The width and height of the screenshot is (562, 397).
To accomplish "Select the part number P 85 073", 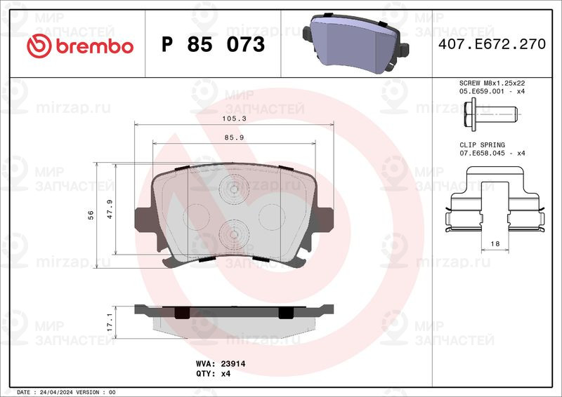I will [x=213, y=45].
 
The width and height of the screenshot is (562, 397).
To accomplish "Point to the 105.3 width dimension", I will [x=235, y=119].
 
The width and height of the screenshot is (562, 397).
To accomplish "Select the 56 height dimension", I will [x=91, y=215].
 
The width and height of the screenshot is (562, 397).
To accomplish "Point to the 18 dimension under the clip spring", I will [x=495, y=243].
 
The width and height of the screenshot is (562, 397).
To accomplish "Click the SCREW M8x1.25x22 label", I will [x=491, y=83].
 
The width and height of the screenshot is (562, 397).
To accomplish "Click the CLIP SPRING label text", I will [x=482, y=144].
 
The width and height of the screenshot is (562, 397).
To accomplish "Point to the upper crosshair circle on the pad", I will [x=231, y=189].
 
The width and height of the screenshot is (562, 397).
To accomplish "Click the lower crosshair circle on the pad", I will [x=231, y=234].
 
